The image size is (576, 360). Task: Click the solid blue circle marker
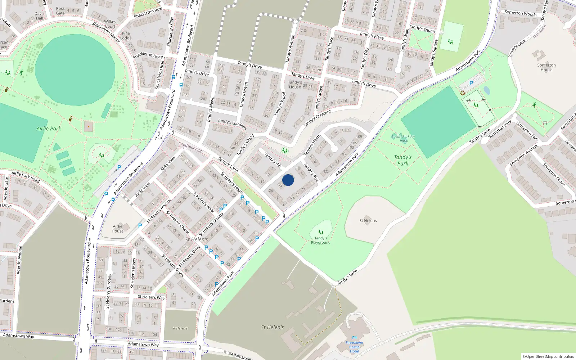(x=288, y=180)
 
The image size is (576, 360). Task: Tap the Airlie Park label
(x=49, y=129)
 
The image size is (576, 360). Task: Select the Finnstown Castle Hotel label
(x=354, y=347)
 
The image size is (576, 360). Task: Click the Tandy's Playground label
(x=320, y=240)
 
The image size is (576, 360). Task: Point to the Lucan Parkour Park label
(x=403, y=139)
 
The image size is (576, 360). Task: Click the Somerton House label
(x=546, y=67)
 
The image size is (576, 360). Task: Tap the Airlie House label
(x=117, y=229)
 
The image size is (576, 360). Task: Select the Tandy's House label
(x=295, y=85)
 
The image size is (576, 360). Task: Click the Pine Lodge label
(x=126, y=36)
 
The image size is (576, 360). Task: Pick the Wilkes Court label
(x=110, y=24)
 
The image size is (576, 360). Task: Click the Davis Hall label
(x=39, y=16)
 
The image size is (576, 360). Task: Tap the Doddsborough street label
(x=190, y=146)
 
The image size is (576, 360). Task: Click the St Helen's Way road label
(x=151, y=297)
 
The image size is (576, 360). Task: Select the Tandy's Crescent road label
(x=317, y=118)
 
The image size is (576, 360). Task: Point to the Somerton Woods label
(x=520, y=13)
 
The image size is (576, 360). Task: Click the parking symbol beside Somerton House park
(x=471, y=83)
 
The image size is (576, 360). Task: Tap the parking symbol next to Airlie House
(x=140, y=226)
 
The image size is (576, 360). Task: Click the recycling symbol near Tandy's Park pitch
(x=463, y=93)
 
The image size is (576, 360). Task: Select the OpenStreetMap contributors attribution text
(x=548, y=356)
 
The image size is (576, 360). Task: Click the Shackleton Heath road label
(x=149, y=55)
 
